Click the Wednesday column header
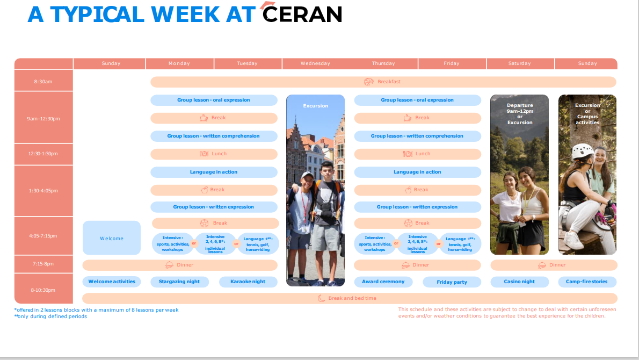pos(315,63)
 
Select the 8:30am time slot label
pos(43,82)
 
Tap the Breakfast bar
pos(383,82)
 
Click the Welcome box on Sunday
pos(112,238)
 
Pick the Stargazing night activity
pos(179,282)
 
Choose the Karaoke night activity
pos(248,282)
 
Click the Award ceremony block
pos(383,282)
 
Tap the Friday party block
pos(452,282)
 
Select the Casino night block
pos(519,282)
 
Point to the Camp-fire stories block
pos(587,282)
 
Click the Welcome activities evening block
pos(112,282)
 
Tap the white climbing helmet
pos(583,152)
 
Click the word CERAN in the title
pos(302,15)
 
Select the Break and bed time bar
pos(350,298)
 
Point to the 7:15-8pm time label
pos(43,264)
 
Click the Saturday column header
pos(520,63)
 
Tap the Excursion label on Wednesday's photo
pos(315,106)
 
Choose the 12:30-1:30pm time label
pos(43,154)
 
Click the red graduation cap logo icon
pos(268,5)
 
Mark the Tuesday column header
pos(248,63)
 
